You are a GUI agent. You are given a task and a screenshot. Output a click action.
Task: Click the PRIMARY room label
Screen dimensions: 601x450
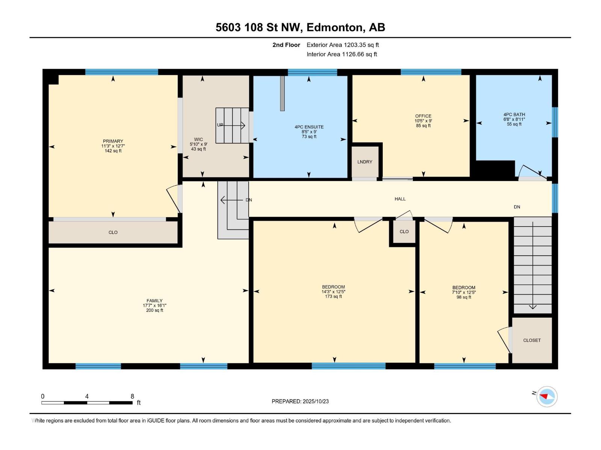coord(113,141)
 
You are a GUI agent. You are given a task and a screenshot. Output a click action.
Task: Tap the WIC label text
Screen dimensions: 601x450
coord(198,139)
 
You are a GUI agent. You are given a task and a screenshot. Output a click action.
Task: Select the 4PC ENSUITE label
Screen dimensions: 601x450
coord(309,127)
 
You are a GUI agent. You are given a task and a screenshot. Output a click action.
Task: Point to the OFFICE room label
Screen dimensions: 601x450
coord(423,116)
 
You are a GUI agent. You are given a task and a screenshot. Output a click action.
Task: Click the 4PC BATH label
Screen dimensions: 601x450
coord(514,114)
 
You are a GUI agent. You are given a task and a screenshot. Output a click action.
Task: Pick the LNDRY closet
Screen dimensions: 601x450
coord(365,162)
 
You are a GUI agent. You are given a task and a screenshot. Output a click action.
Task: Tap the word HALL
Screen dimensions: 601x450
coord(400,199)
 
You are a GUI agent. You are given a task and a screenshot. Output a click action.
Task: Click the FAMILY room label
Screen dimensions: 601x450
coord(154,300)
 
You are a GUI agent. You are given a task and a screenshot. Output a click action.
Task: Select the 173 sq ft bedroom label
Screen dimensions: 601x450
coord(333,287)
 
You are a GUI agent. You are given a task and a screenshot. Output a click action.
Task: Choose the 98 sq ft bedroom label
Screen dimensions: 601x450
coord(464,287)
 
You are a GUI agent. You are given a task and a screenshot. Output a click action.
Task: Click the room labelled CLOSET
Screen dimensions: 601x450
coord(532,340)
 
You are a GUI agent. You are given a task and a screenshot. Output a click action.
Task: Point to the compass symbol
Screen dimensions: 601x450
coord(547,396)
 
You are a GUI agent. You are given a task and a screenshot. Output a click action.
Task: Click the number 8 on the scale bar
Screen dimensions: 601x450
coord(132,396)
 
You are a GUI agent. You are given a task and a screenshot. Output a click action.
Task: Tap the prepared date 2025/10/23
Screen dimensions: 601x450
coord(316,401)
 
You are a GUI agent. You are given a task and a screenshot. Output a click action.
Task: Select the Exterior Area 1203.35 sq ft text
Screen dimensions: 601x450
coord(343,45)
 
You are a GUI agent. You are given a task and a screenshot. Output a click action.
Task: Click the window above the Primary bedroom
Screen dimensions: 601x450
coord(122,72)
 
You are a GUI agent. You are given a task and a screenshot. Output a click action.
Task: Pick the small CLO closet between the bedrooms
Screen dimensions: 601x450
coord(404,232)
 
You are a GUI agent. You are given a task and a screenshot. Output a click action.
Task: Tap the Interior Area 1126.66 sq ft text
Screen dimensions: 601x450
coord(342,54)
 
